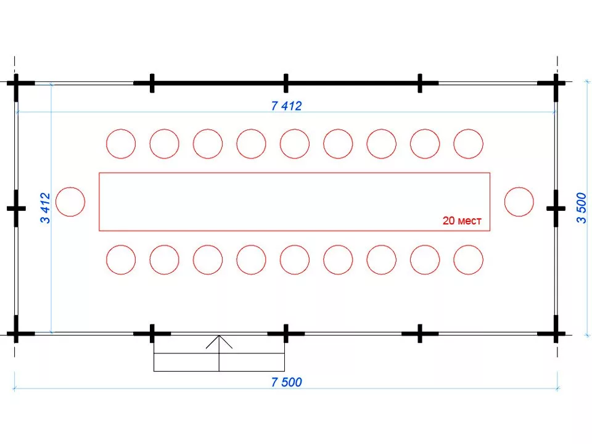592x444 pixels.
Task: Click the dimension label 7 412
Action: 286,105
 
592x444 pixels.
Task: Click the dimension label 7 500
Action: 286,382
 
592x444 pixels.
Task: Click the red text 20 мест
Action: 461,221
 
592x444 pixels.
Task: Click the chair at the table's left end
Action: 70,202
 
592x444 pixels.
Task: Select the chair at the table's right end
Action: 519,202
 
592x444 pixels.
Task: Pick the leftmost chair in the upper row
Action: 121,144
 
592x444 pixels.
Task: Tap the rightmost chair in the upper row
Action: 469,144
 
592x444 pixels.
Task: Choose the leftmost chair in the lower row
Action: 121,260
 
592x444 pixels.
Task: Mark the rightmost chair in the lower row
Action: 469,260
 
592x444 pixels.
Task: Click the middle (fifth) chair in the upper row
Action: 295,144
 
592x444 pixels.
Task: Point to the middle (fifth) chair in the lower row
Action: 295,260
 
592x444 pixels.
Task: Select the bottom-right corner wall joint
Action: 556,334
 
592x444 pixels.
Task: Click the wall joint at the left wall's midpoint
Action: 16,208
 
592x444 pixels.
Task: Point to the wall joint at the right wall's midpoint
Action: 556,208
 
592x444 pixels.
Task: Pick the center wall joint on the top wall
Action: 286,83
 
